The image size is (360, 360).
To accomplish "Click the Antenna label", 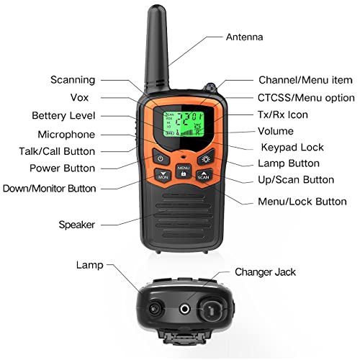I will pyautogui.click(x=245, y=37).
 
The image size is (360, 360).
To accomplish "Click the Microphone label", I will pyautogui.click(x=66, y=134).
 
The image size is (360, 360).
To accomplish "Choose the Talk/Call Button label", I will pyautogui.click(x=57, y=151).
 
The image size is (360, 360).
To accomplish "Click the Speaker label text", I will pyautogui.click(x=76, y=225).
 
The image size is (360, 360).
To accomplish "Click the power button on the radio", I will pyautogui.click(x=161, y=158).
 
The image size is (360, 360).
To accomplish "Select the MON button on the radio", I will pyautogui.click(x=163, y=174).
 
